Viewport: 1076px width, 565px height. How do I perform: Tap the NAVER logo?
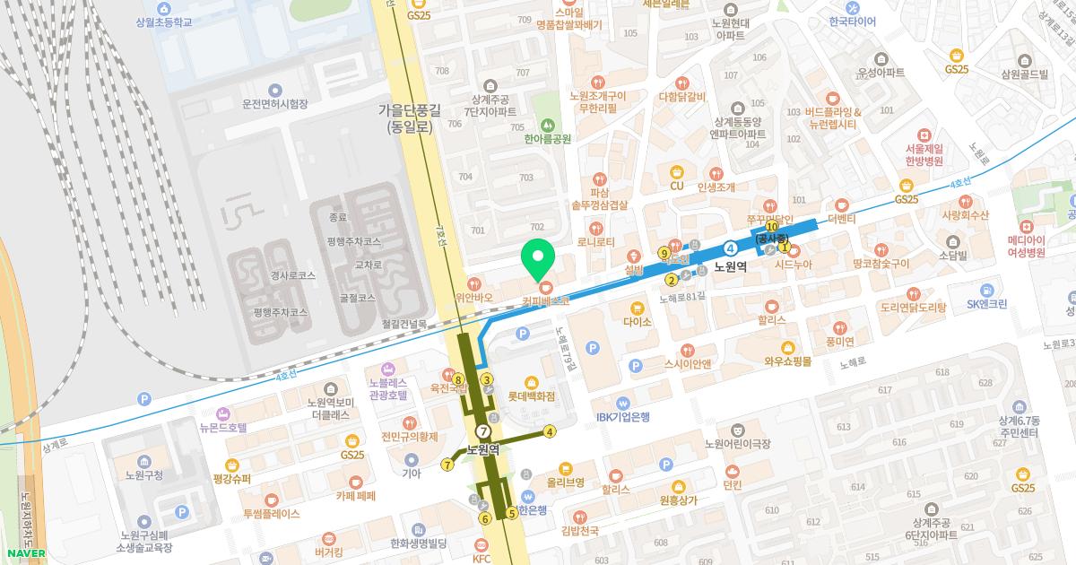click(26, 553)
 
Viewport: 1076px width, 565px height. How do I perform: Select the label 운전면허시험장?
click(274, 104)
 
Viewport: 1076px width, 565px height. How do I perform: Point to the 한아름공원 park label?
click(548, 139)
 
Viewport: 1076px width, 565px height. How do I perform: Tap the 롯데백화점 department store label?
click(532, 395)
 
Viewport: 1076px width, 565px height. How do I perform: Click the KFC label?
click(482, 558)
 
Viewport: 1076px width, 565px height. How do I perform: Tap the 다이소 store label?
click(637, 320)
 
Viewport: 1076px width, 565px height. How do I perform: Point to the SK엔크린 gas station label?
click(986, 303)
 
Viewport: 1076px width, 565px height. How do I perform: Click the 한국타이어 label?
click(852, 22)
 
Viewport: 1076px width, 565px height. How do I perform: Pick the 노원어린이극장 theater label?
click(737, 443)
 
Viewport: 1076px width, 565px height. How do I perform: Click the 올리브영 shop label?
click(565, 482)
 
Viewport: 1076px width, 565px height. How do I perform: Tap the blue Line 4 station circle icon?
click(732, 248)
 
